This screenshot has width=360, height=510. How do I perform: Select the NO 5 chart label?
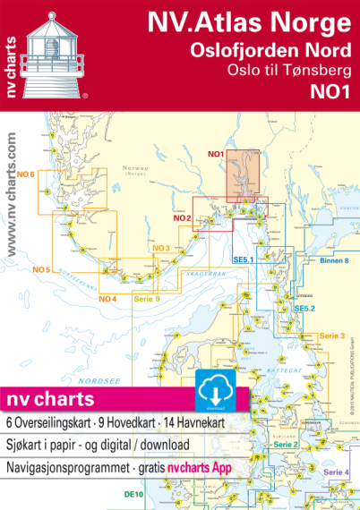pos(40,269)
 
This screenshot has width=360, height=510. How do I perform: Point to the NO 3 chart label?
pos(161,248)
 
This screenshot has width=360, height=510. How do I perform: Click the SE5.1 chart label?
pos(244,260)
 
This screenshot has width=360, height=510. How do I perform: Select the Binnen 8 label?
pos(333,259)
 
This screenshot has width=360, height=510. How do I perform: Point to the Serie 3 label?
pos(331,336)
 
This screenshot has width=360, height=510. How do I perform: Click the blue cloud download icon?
pos(212,387)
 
